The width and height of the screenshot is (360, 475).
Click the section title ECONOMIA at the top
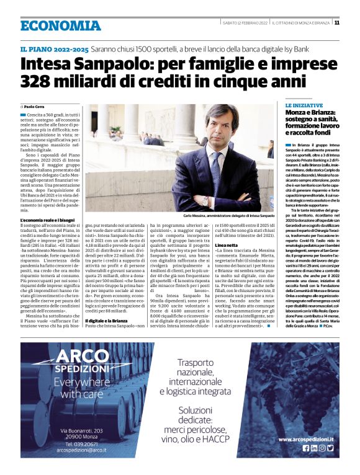click(x=60, y=25)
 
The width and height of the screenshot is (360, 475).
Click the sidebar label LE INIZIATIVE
click(x=304, y=106)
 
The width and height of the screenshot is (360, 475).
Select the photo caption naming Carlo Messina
click(x=228, y=215)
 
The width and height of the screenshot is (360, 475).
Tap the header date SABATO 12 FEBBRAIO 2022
click(x=245, y=23)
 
